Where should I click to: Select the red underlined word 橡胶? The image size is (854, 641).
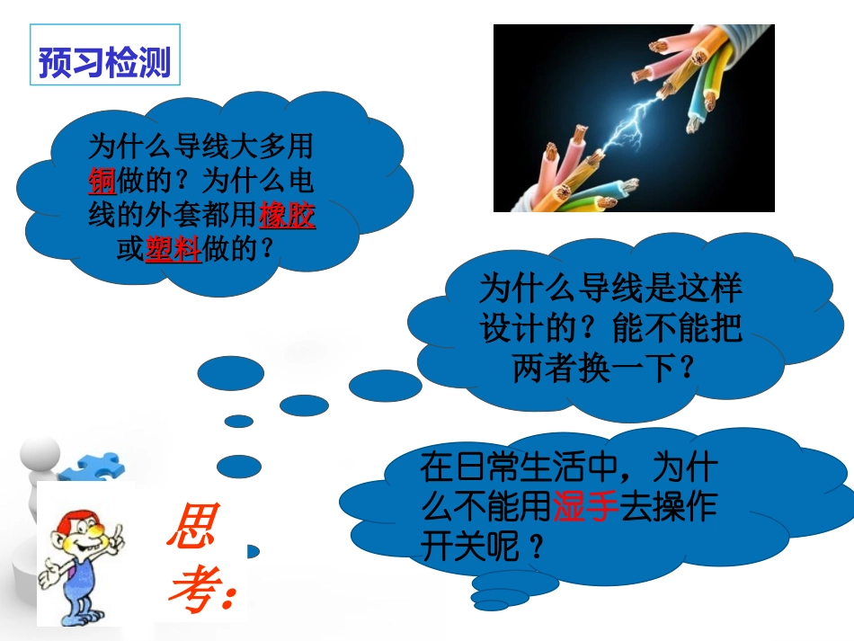(x=288, y=216)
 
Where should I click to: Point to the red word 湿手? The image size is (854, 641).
(x=584, y=506)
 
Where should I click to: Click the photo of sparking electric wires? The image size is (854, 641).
(x=634, y=118)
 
